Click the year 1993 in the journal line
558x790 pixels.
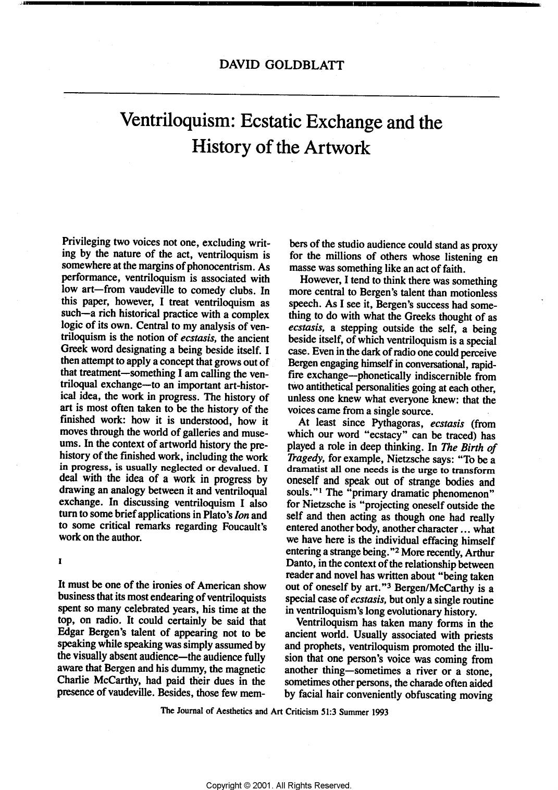[379, 712]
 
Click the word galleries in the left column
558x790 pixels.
[195, 432]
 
